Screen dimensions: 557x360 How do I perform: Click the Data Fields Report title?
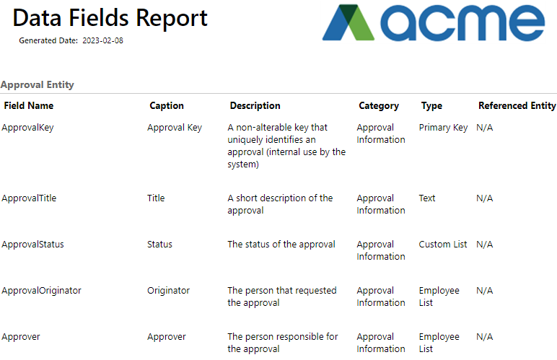(x=110, y=18)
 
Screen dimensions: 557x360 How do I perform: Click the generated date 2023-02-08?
(x=102, y=40)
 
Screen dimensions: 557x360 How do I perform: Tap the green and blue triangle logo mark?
(x=348, y=22)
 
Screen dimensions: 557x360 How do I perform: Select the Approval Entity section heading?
(x=38, y=85)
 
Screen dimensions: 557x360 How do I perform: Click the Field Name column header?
(x=29, y=105)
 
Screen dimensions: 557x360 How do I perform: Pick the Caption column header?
(x=167, y=105)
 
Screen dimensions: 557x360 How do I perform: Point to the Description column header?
(x=255, y=105)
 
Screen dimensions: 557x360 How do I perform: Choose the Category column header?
(x=379, y=106)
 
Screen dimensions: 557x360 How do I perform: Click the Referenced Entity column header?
(x=517, y=106)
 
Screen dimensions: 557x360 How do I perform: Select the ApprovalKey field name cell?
(x=27, y=128)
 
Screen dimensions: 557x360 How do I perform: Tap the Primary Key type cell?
(x=443, y=128)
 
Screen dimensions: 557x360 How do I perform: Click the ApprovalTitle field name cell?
(x=29, y=198)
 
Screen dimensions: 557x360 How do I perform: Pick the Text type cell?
(x=427, y=198)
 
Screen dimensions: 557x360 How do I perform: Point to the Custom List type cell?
(x=442, y=245)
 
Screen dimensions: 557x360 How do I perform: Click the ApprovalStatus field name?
(x=32, y=245)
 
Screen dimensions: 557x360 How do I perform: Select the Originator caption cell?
(x=168, y=291)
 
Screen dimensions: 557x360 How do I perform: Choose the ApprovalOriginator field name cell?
(x=41, y=291)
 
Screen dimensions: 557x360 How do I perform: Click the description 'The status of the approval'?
(x=281, y=245)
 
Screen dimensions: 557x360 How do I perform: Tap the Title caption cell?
(x=156, y=198)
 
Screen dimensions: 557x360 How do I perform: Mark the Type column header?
(x=431, y=106)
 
